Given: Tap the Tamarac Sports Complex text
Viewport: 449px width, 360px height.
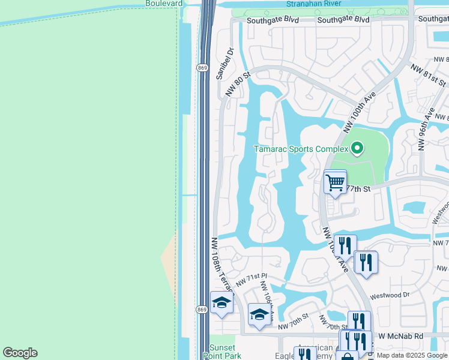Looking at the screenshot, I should point(301,149).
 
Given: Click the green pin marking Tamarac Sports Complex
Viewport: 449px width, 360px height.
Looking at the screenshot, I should point(357,148).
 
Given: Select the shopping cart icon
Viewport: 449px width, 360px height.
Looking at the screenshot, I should point(335,181).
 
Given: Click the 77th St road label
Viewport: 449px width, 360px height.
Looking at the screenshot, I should point(356,188).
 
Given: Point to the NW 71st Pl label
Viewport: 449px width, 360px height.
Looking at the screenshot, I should point(251,278).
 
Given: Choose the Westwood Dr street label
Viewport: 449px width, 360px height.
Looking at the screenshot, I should point(390,295).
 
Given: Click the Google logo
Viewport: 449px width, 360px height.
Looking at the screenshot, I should point(20,353).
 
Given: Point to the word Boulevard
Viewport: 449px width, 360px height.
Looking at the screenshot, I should point(164,3).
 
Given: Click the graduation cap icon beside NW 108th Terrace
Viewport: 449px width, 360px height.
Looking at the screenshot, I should point(221,302).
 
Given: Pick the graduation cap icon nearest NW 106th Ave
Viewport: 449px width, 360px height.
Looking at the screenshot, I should point(259,314).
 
